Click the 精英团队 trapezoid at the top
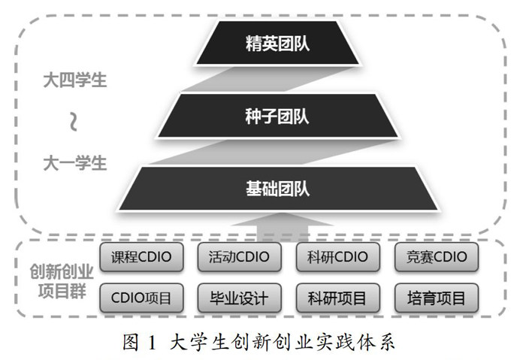point(277,44)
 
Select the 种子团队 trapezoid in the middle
point(277,116)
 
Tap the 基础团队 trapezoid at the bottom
point(277,189)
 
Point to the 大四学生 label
point(74,80)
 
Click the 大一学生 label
point(74,162)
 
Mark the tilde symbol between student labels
point(74,121)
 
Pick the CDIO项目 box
point(141,298)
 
